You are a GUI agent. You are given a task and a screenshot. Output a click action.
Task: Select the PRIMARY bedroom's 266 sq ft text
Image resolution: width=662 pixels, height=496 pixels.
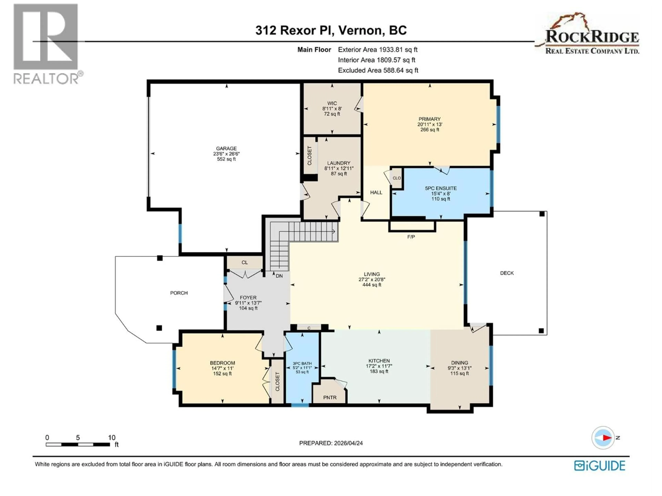coord(429,130)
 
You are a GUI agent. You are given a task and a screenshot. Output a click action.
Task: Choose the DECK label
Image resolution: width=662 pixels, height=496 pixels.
coord(507,273)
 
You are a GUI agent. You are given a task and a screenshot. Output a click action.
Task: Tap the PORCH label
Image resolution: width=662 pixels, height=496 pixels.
coord(179,293)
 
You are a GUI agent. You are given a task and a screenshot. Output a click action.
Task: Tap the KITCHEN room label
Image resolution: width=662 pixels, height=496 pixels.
coord(379,361)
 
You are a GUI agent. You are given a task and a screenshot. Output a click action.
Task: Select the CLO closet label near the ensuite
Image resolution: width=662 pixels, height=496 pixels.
coord(397,178)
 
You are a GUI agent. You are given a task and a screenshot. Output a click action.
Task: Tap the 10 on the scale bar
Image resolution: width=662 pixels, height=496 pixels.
coord(112,438)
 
